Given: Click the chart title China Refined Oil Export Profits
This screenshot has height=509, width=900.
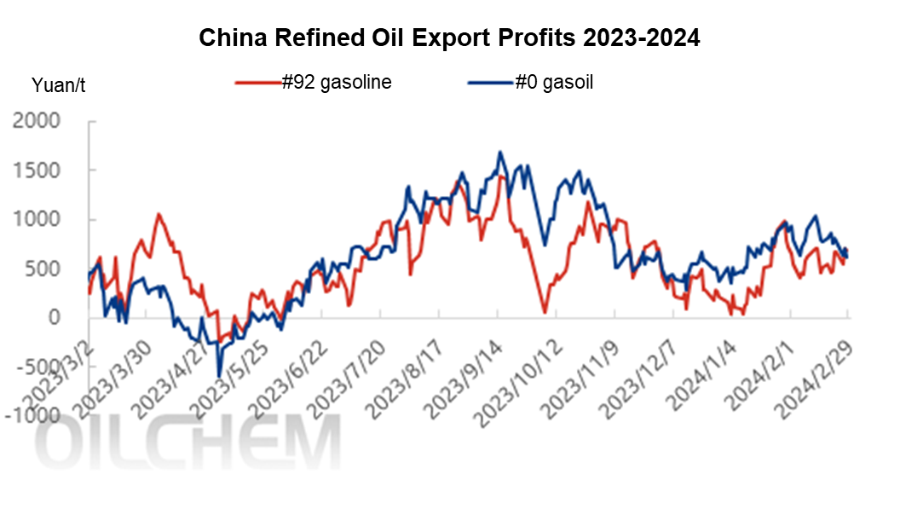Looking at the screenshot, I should [449, 38].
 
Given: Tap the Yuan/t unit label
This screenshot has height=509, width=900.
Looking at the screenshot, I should [58, 84].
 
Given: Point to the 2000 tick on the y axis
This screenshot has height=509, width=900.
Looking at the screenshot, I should [37, 121].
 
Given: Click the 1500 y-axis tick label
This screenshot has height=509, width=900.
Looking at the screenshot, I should [37, 171].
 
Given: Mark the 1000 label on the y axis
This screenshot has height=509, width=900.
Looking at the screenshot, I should [37, 220].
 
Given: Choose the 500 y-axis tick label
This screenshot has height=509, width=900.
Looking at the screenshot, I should [43, 269].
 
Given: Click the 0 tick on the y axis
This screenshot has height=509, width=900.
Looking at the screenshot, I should [55, 318].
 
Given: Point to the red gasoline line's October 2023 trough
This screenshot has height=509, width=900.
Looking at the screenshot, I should [545, 312].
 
